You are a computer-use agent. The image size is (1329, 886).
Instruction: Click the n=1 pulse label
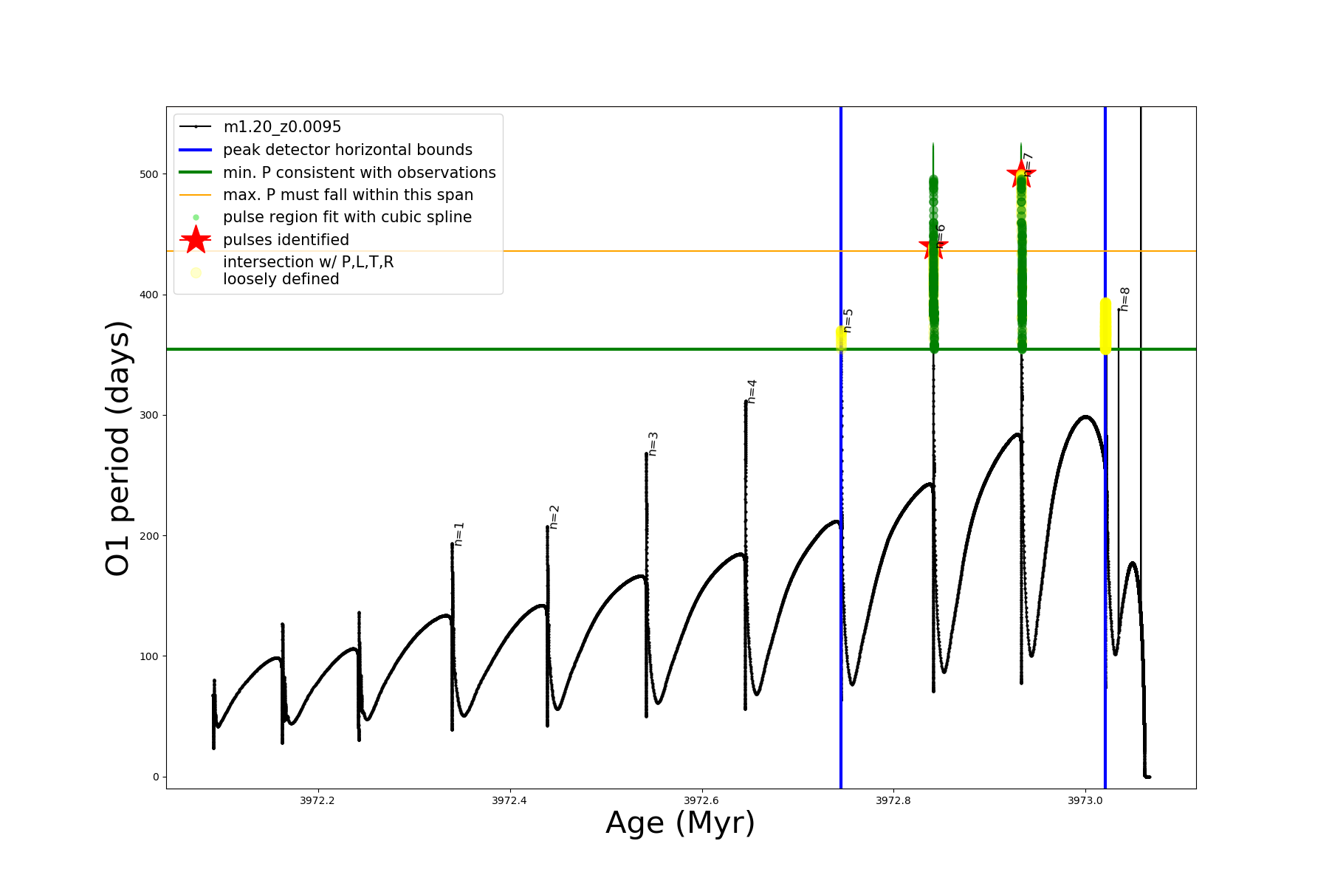(459, 534)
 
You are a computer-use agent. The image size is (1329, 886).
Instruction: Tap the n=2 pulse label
(554, 517)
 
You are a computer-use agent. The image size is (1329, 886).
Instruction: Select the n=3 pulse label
(653, 444)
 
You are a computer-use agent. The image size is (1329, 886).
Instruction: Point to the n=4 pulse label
(752, 391)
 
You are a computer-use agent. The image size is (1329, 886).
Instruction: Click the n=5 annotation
(848, 321)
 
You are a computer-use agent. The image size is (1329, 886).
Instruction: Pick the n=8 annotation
(1124, 299)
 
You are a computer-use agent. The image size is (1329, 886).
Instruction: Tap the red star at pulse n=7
(1021, 174)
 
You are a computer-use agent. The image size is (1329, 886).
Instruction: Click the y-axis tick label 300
(149, 416)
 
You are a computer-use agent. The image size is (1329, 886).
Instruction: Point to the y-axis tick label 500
(149, 174)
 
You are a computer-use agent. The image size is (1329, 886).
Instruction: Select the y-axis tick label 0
(155, 777)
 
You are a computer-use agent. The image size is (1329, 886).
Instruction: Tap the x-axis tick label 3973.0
(1085, 800)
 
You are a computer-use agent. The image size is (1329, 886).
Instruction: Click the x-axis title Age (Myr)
(680, 823)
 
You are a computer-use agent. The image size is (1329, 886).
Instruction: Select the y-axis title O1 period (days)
(118, 448)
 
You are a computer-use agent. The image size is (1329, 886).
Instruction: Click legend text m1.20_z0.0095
(282, 127)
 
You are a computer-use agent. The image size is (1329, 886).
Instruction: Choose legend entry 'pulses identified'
(286, 240)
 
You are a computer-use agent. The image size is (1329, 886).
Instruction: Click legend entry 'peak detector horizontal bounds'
(347, 150)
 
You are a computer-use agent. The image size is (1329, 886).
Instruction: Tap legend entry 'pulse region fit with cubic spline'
(347, 217)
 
